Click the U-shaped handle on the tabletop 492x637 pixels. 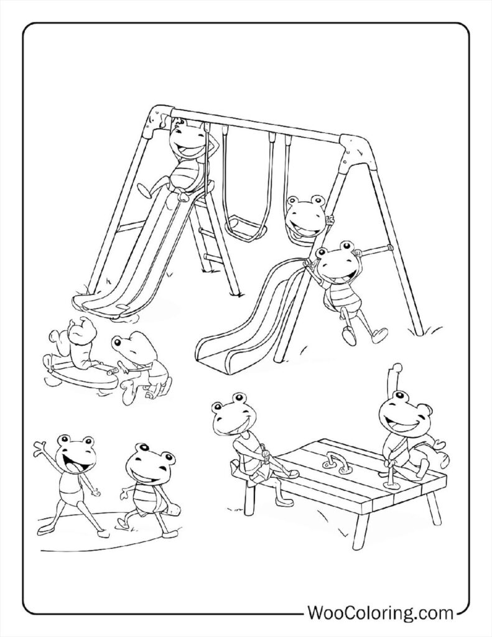(x=337, y=461)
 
